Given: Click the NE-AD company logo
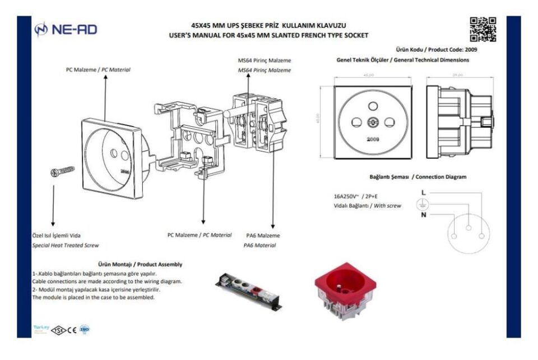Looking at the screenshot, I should (65, 29).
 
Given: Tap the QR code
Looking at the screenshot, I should (483, 30).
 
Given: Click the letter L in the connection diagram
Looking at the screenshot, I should (423, 192).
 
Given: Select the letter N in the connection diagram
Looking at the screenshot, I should (423, 215).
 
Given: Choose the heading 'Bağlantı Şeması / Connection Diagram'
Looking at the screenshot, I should (418, 177).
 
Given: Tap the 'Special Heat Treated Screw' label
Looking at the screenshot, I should (69, 245).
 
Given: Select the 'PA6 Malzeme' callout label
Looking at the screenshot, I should (263, 236).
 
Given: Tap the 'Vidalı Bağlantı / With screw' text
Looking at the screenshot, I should (367, 206).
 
